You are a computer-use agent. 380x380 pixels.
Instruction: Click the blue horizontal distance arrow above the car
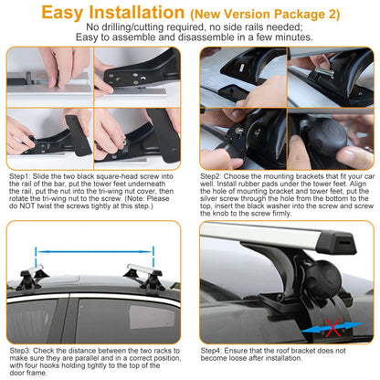(x=96, y=248)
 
